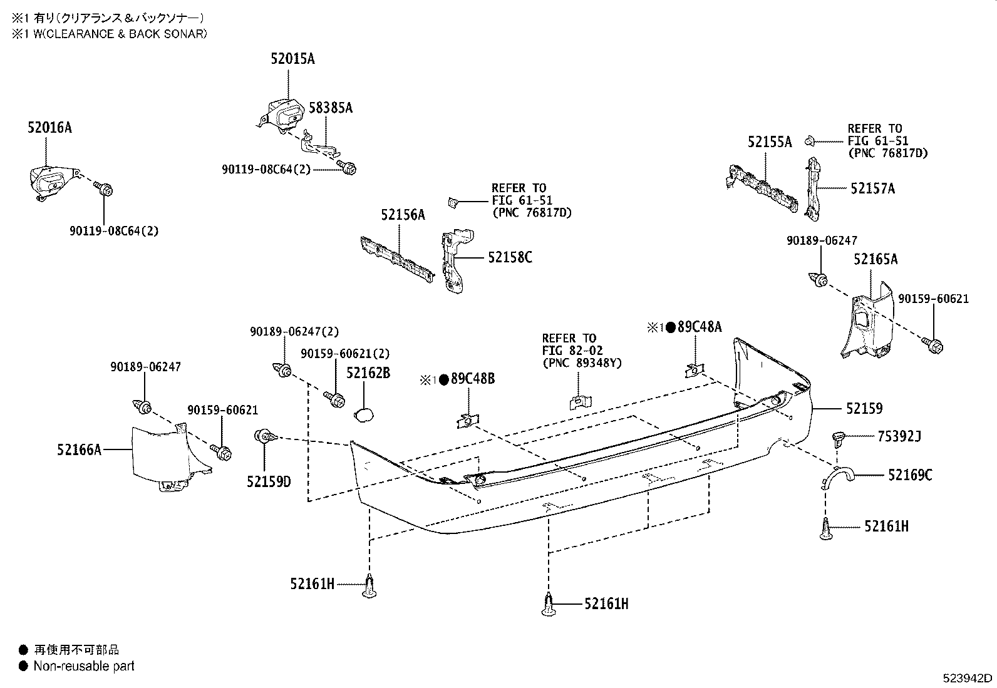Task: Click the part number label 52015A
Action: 292,59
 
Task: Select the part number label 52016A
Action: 49,128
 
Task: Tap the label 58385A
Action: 331,108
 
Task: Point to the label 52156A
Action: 403,215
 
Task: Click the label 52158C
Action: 510,257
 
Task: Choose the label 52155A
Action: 769,142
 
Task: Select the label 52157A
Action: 872,188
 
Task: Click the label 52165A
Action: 875,259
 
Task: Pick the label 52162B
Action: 368,373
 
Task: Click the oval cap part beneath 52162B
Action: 364,414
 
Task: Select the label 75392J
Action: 899,436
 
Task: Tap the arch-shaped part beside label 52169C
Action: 837,476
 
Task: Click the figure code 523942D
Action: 968,679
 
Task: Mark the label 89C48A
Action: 699,327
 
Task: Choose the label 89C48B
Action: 472,379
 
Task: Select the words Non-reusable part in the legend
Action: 84,666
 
